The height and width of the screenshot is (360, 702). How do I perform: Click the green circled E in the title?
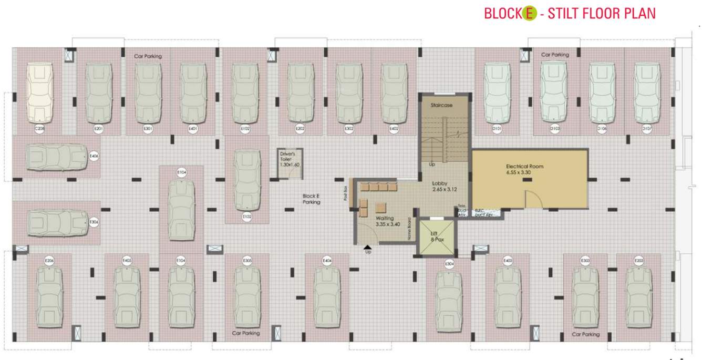tap(529, 14)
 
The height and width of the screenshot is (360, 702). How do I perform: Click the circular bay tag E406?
tap(94, 156)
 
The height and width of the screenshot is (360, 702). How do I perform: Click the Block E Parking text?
tap(311, 199)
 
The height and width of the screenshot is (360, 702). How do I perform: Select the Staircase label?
tap(441, 106)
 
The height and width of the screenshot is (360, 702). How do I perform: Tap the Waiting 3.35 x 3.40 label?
tap(388, 221)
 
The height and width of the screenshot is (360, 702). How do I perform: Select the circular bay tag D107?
tap(647, 129)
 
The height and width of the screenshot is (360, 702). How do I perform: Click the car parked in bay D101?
tap(497, 92)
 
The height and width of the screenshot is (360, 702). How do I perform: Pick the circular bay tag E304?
tap(449, 263)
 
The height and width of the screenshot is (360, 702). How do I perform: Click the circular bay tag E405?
tap(127, 261)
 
